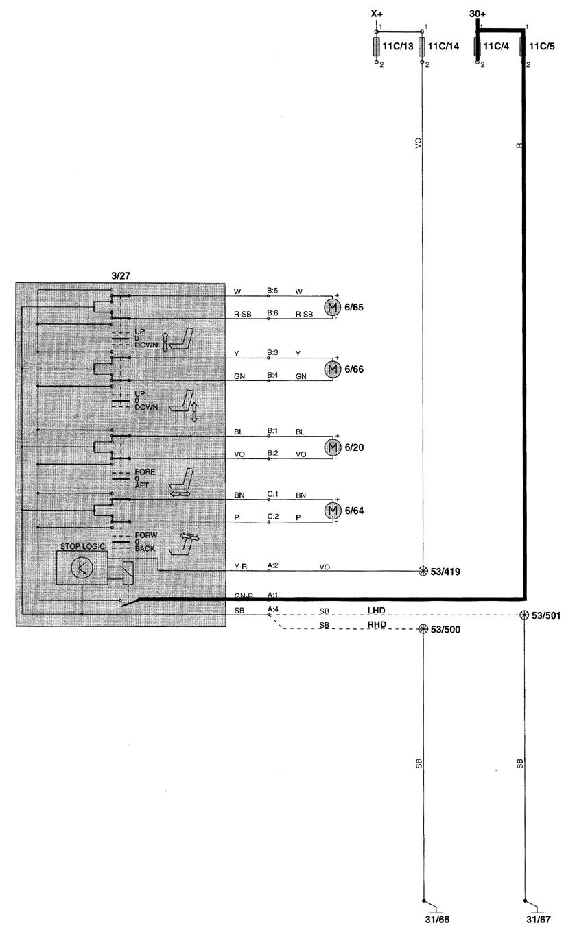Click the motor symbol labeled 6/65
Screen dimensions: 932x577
pyautogui.click(x=332, y=307)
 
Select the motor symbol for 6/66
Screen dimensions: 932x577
pyautogui.click(x=332, y=369)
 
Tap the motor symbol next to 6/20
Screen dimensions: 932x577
pyautogui.click(x=332, y=447)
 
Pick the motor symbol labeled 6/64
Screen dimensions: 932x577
pyautogui.click(x=332, y=511)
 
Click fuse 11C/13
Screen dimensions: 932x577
pyautogui.click(x=377, y=47)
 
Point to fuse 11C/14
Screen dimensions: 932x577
pyautogui.click(x=422, y=47)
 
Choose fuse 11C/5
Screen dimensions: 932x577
pyautogui.click(x=524, y=47)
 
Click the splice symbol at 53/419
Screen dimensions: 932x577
pyautogui.click(x=423, y=571)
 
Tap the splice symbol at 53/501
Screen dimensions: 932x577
pyautogui.click(x=525, y=615)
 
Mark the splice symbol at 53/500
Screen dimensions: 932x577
pyautogui.click(x=423, y=628)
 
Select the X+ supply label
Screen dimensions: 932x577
pyautogui.click(x=377, y=13)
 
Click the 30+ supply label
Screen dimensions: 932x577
pyautogui.click(x=478, y=13)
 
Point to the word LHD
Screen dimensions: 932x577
pyautogui.click(x=377, y=609)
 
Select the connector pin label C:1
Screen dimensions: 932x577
pyautogui.click(x=272, y=494)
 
